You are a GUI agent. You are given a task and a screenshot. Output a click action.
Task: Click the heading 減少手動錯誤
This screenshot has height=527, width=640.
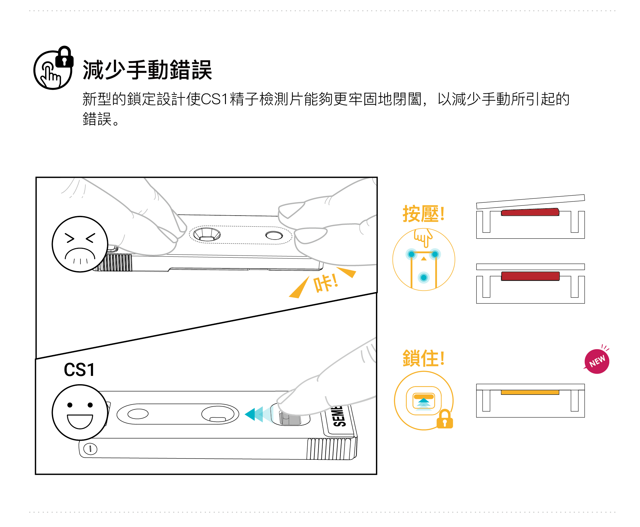[147, 70]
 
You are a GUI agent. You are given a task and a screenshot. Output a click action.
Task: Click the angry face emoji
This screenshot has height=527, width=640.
[80, 244]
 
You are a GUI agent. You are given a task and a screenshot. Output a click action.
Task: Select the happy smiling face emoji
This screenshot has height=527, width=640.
[80, 412]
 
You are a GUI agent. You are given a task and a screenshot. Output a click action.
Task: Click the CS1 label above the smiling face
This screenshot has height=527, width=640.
[79, 370]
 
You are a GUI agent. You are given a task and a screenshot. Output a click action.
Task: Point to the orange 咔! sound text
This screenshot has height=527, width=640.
[325, 283]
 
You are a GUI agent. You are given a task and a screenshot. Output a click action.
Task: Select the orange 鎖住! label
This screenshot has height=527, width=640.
[423, 358]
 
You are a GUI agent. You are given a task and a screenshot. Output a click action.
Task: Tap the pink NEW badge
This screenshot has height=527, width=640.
[597, 361]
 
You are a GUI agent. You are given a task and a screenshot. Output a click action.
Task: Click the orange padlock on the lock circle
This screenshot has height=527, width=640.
[445, 420]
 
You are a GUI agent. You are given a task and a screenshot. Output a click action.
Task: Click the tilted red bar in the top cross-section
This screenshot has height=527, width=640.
[530, 212]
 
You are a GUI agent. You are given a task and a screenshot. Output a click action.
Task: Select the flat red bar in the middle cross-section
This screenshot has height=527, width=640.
[530, 276]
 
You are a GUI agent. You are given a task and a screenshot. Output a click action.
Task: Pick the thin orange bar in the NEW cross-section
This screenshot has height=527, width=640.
[530, 392]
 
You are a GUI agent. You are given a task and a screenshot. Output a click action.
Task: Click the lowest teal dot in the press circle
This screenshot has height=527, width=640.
[424, 278]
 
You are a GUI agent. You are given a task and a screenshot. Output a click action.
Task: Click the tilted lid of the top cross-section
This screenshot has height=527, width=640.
[530, 201]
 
